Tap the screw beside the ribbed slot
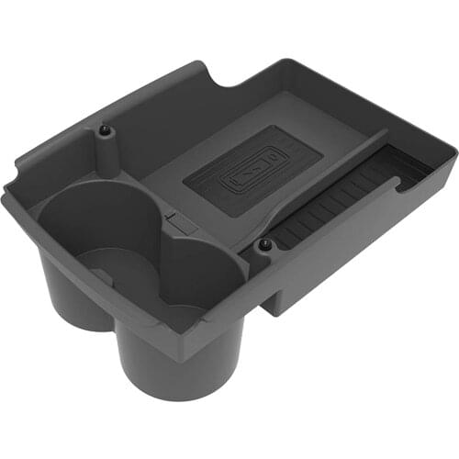click(264, 246)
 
